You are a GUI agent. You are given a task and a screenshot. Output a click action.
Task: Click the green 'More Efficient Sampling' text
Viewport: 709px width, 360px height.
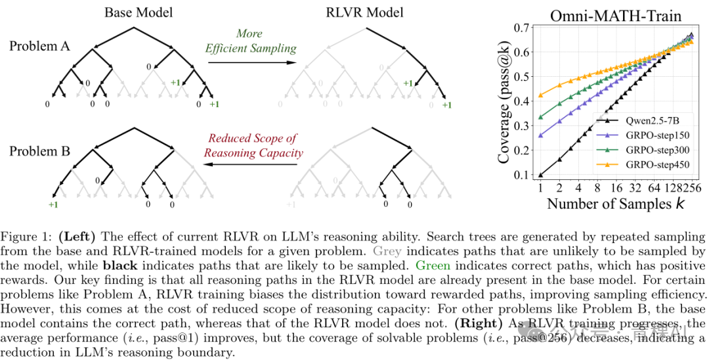click(251, 41)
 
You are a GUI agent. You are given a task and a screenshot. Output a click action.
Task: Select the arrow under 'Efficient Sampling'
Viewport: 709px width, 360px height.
click(251, 62)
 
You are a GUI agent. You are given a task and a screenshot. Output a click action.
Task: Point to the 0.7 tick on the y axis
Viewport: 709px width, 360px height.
click(523, 28)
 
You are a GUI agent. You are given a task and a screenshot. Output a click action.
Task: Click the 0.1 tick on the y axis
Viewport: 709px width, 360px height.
click(523, 175)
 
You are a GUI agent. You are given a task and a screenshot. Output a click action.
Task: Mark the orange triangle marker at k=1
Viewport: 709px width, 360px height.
click(540, 95)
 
